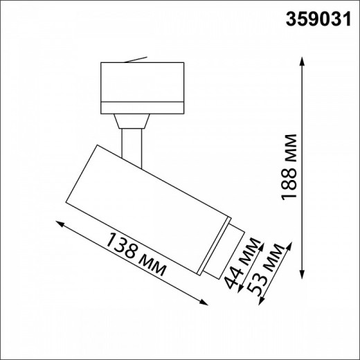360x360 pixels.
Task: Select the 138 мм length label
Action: pos(136,253)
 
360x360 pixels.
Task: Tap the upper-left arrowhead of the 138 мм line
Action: pos(60,224)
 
